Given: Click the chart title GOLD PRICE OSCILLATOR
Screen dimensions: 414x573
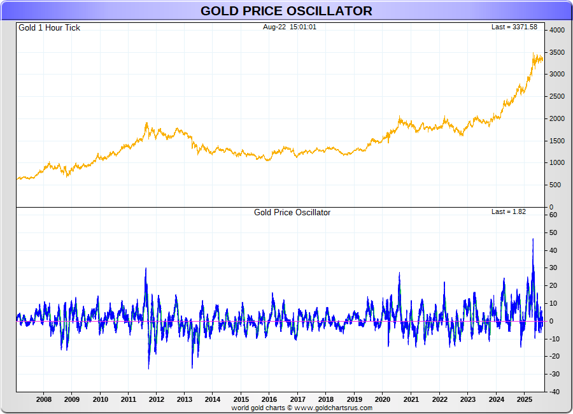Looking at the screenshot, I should pyautogui.click(x=286, y=11).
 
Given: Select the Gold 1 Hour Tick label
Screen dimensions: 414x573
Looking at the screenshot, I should pyautogui.click(x=49, y=28).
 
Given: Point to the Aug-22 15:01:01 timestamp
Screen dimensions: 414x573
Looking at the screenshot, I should pyautogui.click(x=290, y=27).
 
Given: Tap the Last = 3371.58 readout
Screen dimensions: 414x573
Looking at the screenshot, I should pyautogui.click(x=514, y=27).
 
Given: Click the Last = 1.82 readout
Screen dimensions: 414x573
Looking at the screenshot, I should pyautogui.click(x=509, y=211).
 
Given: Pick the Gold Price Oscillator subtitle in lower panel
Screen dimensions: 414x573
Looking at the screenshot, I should pyautogui.click(x=292, y=213).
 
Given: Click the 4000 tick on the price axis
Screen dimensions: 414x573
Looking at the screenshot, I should pyautogui.click(x=557, y=30).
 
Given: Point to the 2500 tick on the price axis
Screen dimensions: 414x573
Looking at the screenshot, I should pyautogui.click(x=557, y=97).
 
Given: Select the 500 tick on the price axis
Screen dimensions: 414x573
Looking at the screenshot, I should pyautogui.click(x=555, y=185).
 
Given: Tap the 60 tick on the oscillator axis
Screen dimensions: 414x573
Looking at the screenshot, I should pyautogui.click(x=553, y=215).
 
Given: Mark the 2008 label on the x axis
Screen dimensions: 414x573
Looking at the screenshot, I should pyautogui.click(x=44, y=399).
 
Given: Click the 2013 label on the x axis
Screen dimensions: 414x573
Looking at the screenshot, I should pyautogui.click(x=185, y=399).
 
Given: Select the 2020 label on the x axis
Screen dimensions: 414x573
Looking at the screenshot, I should pyautogui.click(x=383, y=399).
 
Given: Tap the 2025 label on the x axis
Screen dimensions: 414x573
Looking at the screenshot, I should pyautogui.click(x=524, y=399).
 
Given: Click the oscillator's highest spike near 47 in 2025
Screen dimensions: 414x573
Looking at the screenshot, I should pyautogui.click(x=533, y=239).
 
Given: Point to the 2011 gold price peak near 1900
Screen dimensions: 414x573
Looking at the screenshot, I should pyautogui.click(x=146, y=124).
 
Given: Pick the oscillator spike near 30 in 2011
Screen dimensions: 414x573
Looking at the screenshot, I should pyautogui.click(x=146, y=268).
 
